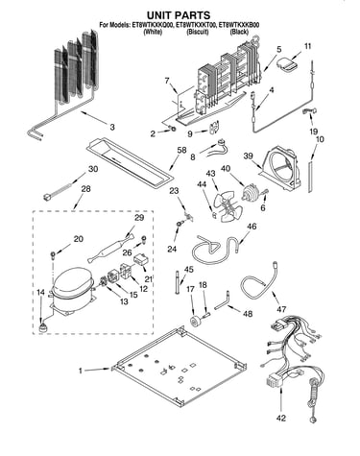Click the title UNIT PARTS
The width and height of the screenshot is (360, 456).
[179, 15]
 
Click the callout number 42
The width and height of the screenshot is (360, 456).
[281, 418]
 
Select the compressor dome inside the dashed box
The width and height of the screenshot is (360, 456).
[72, 281]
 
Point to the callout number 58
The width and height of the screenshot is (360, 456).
[181, 150]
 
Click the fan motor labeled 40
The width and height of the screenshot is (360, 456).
[251, 193]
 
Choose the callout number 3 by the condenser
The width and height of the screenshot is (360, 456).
[112, 127]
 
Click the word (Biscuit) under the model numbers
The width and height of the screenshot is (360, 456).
[198, 32]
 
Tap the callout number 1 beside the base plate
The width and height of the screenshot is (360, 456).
[81, 371]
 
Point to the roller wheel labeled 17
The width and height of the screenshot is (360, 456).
[195, 321]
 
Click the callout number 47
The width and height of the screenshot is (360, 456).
[281, 309]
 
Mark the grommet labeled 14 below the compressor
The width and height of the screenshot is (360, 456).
[41, 328]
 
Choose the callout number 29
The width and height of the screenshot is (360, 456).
[139, 218]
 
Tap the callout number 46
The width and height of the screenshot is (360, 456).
[252, 227]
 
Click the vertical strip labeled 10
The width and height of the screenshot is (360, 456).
[310, 177]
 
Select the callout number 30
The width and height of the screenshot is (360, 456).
[93, 169]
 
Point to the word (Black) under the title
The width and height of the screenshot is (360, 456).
[239, 32]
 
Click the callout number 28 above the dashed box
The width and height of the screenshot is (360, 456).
[85, 189]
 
